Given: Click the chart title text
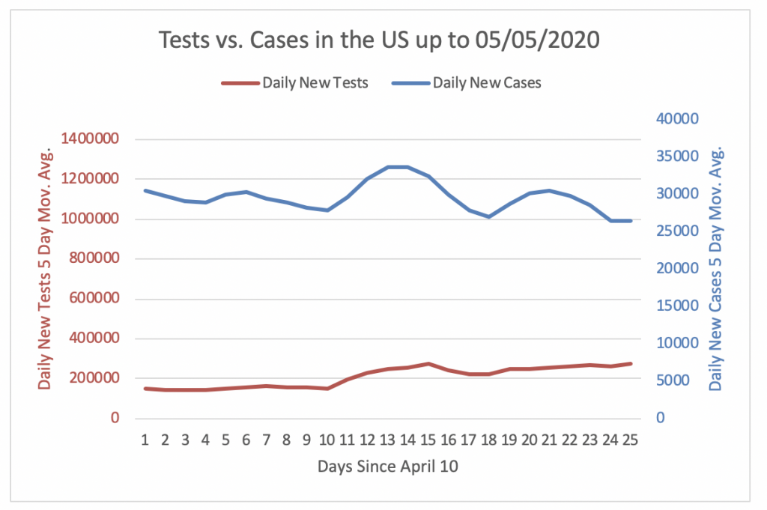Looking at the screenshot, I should click(x=380, y=40).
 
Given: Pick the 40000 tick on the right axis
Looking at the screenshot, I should click(x=677, y=119).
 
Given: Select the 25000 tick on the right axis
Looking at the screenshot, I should click(x=677, y=231).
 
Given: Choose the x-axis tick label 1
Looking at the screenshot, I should click(x=145, y=440).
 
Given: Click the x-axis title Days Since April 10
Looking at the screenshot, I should click(x=387, y=467).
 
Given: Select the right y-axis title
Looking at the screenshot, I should click(x=716, y=267).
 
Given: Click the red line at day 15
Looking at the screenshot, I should click(x=428, y=364).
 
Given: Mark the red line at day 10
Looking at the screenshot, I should click(x=327, y=389).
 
